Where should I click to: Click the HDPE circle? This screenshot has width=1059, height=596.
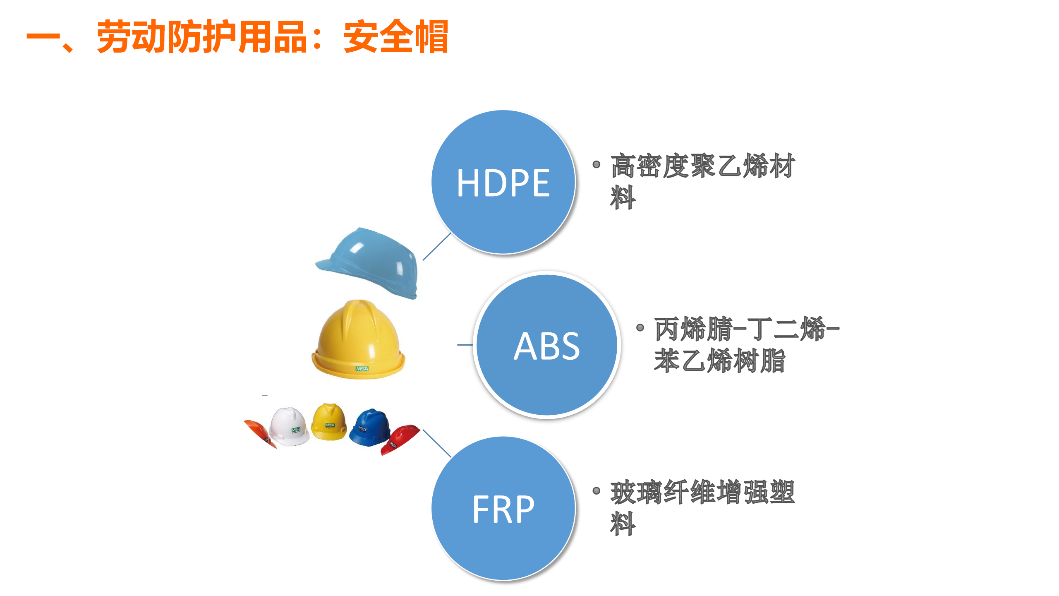pos(503,182)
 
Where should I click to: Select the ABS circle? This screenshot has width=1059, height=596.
pos(547,345)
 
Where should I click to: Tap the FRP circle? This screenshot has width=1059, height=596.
pos(503,508)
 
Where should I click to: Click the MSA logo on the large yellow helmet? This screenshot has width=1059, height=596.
pos(362,368)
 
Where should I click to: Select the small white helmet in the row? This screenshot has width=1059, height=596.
pos(289,426)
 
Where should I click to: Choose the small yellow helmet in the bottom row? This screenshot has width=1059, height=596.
pos(329,421)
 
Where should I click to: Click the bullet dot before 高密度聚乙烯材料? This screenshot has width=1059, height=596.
pos(596,164)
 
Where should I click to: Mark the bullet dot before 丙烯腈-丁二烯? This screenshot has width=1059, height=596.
pos(640,328)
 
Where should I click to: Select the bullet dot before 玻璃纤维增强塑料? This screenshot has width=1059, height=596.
pos(596,491)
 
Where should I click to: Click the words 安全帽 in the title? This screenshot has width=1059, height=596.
pos(396,36)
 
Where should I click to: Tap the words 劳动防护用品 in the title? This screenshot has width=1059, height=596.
pos(202,36)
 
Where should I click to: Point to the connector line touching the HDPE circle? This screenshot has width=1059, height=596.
pos(437,246)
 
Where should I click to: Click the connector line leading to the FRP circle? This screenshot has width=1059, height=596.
pos(437,443)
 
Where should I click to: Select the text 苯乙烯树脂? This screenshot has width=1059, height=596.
pos(719,360)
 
